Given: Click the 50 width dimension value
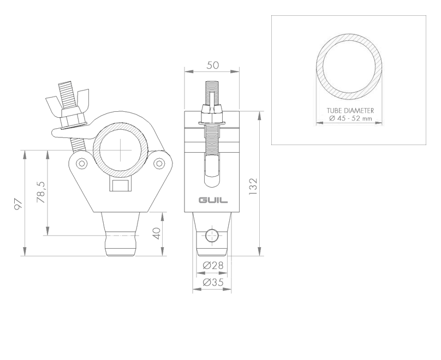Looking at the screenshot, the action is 213,65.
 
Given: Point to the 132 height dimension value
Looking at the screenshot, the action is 253,187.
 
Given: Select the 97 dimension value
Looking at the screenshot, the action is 18,204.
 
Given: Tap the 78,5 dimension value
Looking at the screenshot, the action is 41,192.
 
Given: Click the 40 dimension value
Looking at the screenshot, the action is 157,233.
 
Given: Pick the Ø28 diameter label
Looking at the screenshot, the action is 213,265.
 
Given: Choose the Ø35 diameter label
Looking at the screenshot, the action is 213,282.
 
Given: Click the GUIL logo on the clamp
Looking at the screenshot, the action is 213,200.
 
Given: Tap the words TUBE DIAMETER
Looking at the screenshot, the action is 350,111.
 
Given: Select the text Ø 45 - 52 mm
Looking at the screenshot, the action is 350,118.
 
